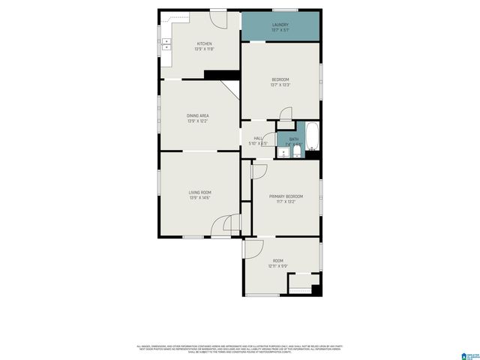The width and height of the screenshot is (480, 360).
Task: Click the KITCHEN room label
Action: [204, 44]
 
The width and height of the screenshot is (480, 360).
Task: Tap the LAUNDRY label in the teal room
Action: [280, 25]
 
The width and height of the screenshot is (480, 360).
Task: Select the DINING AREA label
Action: [198, 115]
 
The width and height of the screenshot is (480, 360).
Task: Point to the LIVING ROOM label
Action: [199, 192]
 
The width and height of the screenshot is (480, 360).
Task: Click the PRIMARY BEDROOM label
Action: [286, 196]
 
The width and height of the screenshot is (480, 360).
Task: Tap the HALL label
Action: [258, 138]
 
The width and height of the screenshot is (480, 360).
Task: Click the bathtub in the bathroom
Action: [312, 137]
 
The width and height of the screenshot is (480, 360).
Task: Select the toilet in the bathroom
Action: [297, 153]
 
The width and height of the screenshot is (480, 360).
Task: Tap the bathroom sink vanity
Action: [283, 153]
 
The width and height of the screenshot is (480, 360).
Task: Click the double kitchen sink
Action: [166, 43]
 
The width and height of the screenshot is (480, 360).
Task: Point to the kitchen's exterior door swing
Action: [217, 19]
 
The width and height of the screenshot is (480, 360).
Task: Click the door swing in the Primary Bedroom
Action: [258, 172]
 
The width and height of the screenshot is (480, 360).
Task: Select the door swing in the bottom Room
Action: [253, 249]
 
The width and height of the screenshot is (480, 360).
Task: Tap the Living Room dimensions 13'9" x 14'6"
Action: [199, 198]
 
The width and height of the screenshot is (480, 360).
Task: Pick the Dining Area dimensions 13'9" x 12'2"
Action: [198, 121]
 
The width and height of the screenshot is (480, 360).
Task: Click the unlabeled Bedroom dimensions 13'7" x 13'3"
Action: [280, 85]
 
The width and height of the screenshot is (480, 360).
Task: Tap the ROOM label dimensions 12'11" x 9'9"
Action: [278, 266]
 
